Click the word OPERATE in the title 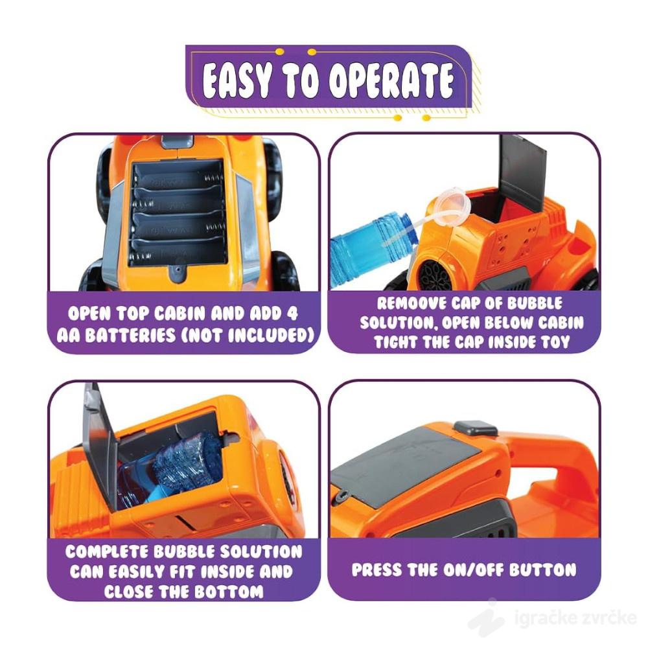click(x=391, y=80)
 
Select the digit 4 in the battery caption click(x=292, y=314)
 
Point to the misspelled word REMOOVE click(x=411, y=303)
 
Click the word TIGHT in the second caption click(x=395, y=341)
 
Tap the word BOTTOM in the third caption click(x=229, y=592)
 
